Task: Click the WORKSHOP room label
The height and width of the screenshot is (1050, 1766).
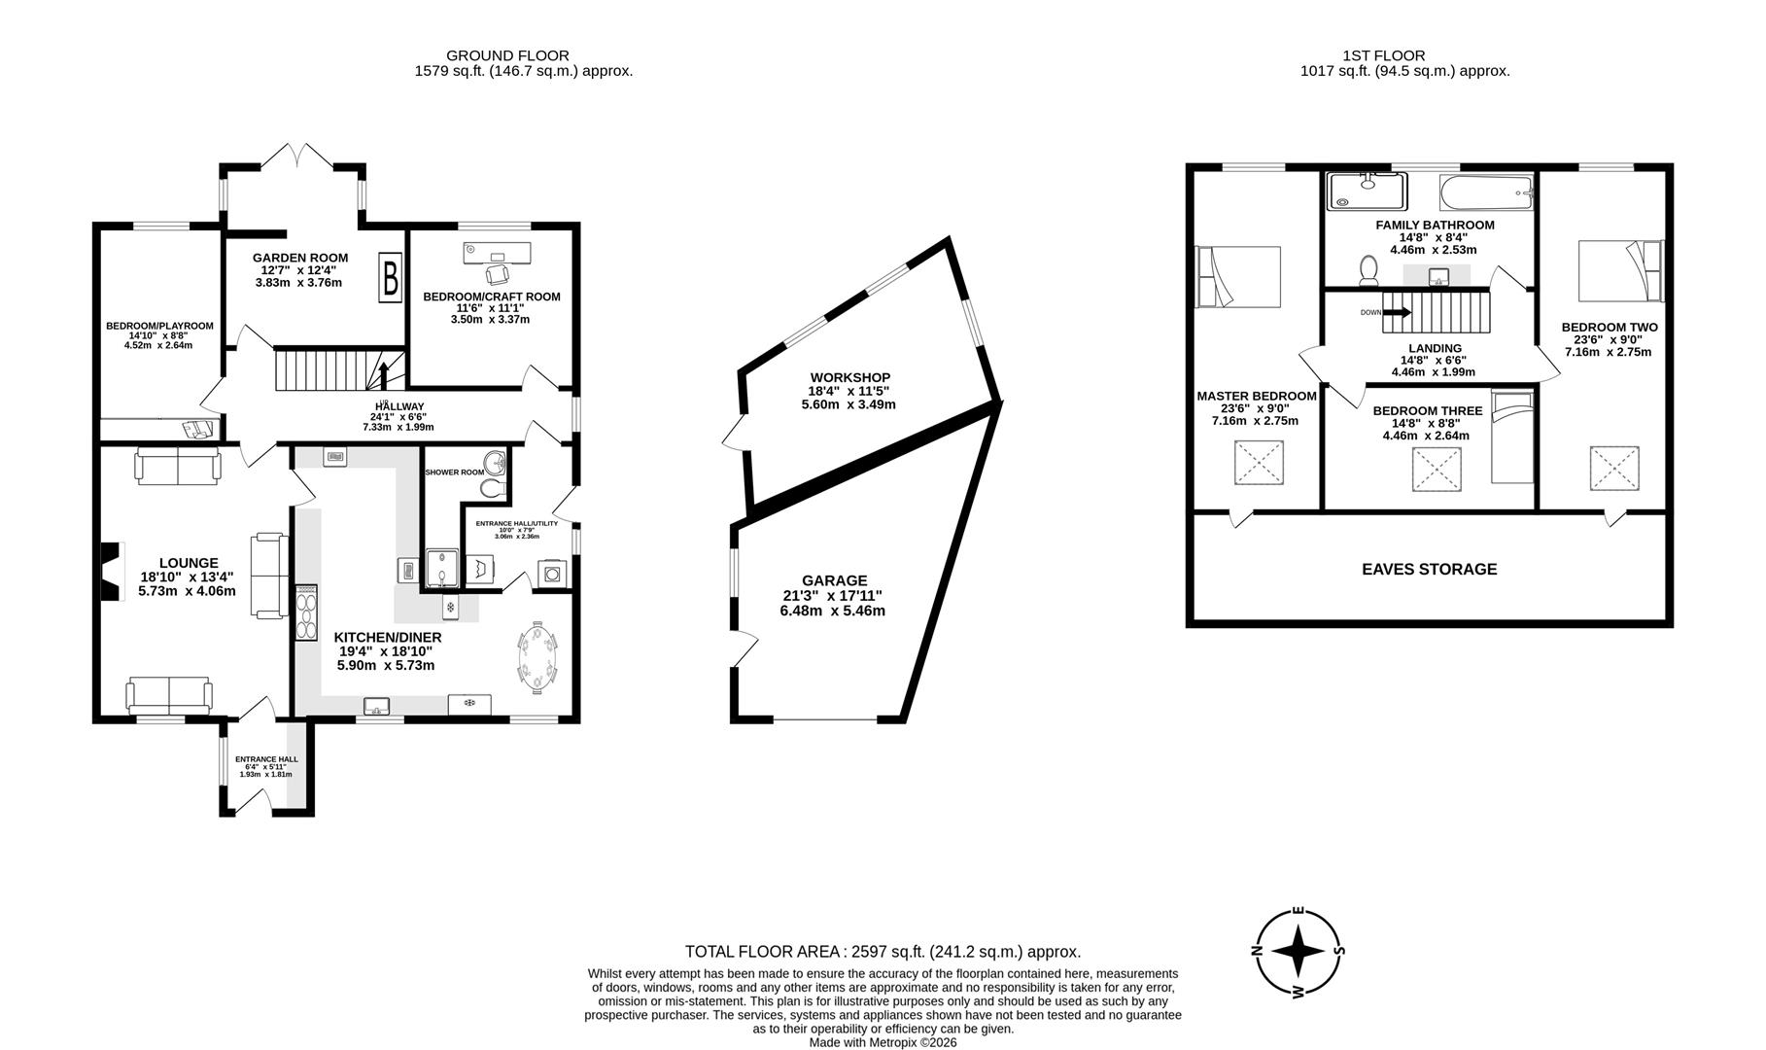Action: click(x=849, y=377)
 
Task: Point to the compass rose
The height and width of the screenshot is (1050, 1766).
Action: click(x=1298, y=952)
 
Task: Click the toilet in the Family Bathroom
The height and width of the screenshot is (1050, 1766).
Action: click(x=1369, y=270)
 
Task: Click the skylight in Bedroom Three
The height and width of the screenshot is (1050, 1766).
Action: click(x=1436, y=472)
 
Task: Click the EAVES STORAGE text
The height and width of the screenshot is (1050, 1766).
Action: click(x=1429, y=570)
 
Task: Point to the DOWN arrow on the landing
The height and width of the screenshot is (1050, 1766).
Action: click(x=1396, y=313)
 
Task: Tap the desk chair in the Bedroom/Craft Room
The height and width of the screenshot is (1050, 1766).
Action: click(x=497, y=274)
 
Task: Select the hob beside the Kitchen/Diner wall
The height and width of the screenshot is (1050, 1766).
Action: click(x=306, y=612)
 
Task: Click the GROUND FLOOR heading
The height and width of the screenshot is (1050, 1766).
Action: click(x=507, y=55)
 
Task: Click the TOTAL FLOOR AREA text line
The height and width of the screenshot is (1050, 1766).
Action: click(x=883, y=952)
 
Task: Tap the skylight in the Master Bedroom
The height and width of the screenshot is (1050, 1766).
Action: click(x=1259, y=463)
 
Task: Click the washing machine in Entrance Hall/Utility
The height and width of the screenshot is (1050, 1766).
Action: click(x=552, y=573)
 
